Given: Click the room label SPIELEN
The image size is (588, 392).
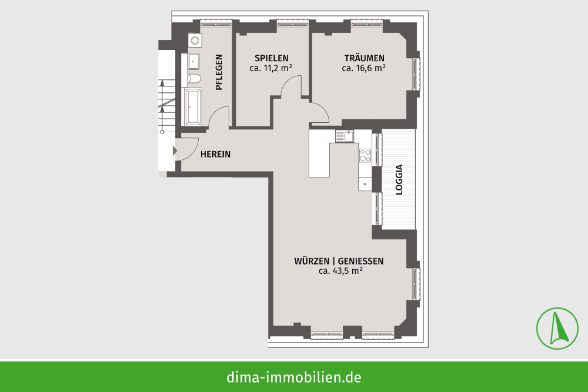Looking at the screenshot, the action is [x=272, y=58].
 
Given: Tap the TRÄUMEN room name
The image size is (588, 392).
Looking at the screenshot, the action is [x=364, y=58].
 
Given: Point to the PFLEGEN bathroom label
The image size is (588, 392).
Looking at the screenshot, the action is [x=219, y=72].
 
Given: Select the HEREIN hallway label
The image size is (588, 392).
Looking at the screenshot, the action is [x=215, y=154].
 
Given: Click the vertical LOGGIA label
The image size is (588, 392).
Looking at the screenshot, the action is [x=399, y=179].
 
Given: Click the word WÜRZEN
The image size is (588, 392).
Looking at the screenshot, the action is [x=312, y=261].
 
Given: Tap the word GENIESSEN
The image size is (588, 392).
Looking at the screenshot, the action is [x=361, y=261].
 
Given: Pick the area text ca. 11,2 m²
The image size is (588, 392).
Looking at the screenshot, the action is [x=270, y=68].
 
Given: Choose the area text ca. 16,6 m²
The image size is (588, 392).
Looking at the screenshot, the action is [x=364, y=68].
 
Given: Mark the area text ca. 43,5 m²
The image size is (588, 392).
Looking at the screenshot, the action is [x=340, y=271].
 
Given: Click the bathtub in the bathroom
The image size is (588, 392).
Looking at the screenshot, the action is [x=193, y=107].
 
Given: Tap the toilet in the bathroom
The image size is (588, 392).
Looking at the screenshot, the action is [x=194, y=79].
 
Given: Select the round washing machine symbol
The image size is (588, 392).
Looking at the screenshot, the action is [x=195, y=40].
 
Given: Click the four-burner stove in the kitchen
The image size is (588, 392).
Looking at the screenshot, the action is [x=365, y=155].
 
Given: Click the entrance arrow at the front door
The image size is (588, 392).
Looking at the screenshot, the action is [x=175, y=150].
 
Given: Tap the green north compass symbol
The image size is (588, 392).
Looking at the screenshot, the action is [x=557, y=329].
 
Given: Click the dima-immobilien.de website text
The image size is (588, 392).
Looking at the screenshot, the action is [x=294, y=377].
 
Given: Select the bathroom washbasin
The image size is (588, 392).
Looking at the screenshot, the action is [x=194, y=62].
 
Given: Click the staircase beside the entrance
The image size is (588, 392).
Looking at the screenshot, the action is [x=166, y=107].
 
